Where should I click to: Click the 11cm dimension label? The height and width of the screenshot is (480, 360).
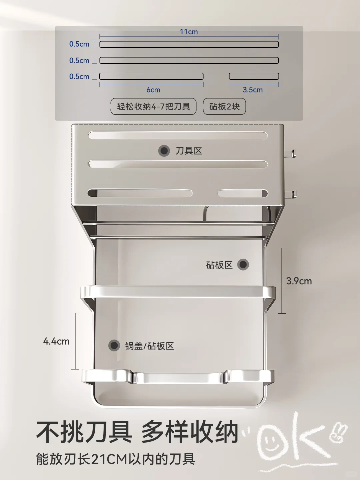pyautogui.click(x=189, y=32)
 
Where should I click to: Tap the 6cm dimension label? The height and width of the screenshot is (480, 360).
pyautogui.click(x=153, y=90)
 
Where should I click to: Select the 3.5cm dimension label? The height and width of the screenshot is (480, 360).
pyautogui.click(x=253, y=90)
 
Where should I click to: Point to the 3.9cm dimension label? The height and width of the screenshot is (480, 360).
pyautogui.click(x=299, y=281)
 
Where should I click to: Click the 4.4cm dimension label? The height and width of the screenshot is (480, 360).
pyautogui.click(x=56, y=341)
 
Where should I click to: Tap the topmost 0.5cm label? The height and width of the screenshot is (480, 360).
pyautogui.click(x=79, y=44)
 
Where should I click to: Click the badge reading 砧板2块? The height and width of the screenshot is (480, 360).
pyautogui.click(x=224, y=106)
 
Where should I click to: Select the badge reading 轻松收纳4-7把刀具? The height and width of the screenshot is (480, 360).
pyautogui.click(x=153, y=106)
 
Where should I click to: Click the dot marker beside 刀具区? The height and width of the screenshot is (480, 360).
pyautogui.click(x=164, y=151)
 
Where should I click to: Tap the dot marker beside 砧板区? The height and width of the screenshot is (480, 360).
pyautogui.click(x=243, y=265)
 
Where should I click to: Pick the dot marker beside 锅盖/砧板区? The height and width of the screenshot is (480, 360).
pyautogui.click(x=114, y=345)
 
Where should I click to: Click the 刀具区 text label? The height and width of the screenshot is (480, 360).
pyautogui.click(x=189, y=151)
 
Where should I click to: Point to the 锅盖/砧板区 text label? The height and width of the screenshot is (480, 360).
pyautogui.click(x=150, y=346)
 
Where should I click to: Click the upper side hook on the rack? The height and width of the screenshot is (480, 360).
pyautogui.click(x=292, y=154)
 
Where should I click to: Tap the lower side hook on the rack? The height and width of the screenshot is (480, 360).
pyautogui.click(x=292, y=193)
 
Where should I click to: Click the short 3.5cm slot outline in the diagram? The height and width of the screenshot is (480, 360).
pyautogui.click(x=254, y=76)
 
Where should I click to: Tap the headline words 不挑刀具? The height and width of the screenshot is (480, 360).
pyautogui.click(x=84, y=432)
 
